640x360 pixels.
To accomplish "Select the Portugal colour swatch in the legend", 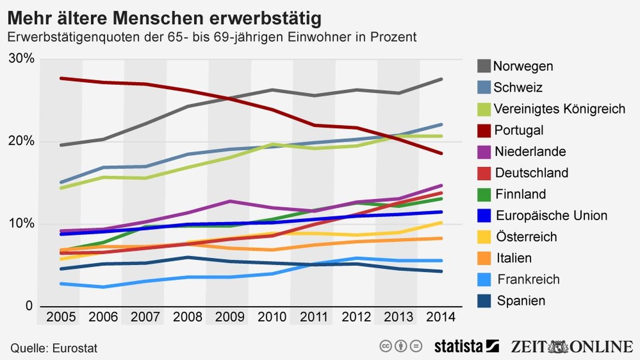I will [484, 131].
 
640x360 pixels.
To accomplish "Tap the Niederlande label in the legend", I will [530, 152].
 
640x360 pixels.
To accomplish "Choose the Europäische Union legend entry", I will [551, 216].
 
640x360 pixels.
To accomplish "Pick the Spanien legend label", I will [521, 301].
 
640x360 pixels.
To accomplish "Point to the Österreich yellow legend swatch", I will [484, 237].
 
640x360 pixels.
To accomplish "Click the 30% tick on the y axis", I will [22, 59].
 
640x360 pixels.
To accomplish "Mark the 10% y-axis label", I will [22, 224].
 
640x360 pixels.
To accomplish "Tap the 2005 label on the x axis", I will [61, 317].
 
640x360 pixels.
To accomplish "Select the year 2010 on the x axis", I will [272, 317].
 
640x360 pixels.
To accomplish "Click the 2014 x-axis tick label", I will [441, 317].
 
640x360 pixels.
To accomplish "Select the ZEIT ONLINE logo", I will [571, 346].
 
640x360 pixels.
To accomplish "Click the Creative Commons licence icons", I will [401, 346].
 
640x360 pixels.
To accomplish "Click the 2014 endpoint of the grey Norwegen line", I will [441, 79].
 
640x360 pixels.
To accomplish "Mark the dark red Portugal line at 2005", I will [61, 78].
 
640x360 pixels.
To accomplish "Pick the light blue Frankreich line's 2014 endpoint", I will [441, 261].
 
